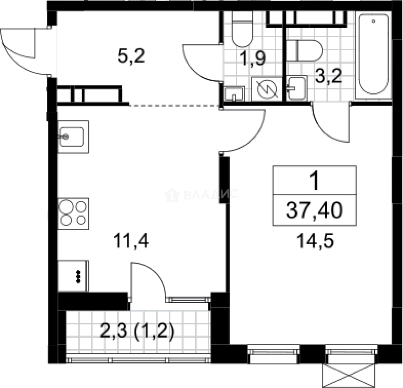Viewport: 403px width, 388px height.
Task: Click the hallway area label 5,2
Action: pyautogui.click(x=131, y=56)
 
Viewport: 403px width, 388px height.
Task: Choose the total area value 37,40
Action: pyautogui.click(x=314, y=211)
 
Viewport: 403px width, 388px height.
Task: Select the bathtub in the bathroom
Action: pyautogui.click(x=373, y=55)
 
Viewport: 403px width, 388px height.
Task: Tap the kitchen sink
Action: pyautogui.click(x=73, y=137)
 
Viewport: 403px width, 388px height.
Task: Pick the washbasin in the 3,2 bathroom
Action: pyautogui.click(x=297, y=87)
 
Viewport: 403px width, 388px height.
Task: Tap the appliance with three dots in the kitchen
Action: pyautogui.click(x=73, y=276)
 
